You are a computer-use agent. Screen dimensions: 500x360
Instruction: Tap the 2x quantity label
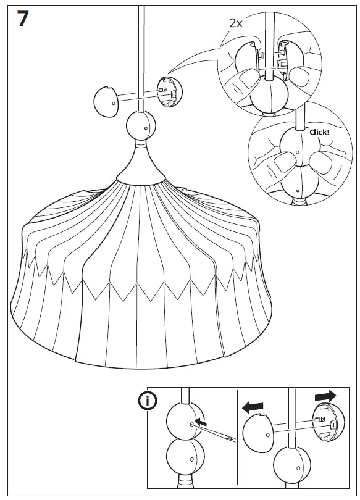point(235,23)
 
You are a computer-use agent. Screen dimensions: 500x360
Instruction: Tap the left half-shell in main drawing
point(106,101)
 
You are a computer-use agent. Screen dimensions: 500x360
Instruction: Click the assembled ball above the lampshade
point(141,127)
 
